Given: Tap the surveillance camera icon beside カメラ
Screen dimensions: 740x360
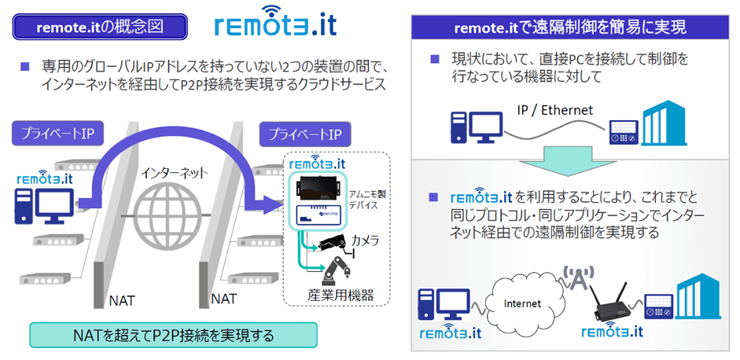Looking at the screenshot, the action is click(x=333, y=243).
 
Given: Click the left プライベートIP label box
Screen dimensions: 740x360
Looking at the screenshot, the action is click(x=57, y=134).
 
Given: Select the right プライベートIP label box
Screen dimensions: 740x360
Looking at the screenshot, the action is click(x=305, y=134).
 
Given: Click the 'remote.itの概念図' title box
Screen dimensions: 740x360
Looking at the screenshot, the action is click(x=101, y=27).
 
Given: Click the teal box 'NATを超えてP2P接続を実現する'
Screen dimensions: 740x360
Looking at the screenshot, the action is click(x=173, y=335).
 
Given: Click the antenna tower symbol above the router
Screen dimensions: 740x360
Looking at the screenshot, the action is click(x=576, y=278).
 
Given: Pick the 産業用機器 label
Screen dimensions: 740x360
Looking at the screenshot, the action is click(x=341, y=296).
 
